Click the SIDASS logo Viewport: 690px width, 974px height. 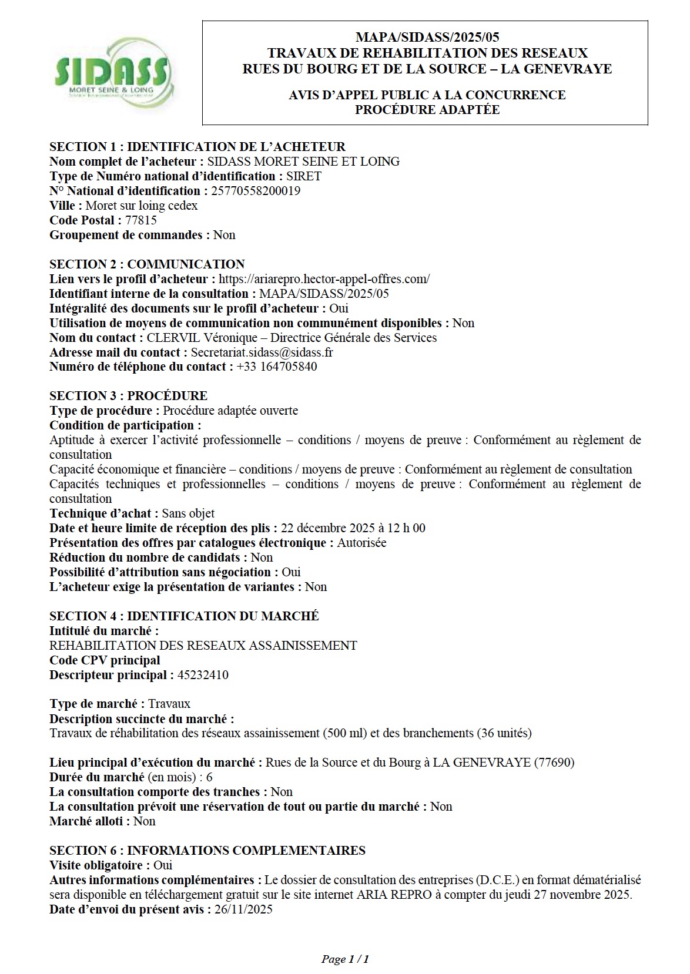pos(112,72)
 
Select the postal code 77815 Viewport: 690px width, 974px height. pos(141,220)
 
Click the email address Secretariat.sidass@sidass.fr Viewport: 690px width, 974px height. pos(262,352)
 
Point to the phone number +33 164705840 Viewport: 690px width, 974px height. pos(277,367)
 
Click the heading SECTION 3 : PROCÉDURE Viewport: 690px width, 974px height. pos(128,396)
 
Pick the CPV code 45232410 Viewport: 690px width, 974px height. pos(203,675)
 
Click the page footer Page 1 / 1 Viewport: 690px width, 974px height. pos(345,959)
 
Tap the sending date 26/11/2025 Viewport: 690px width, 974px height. pos(244,909)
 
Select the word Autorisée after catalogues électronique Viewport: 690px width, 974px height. pos(361,543)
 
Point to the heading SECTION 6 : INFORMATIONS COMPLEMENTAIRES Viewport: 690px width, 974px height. pos(207,851)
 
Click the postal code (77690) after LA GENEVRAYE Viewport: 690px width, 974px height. pos(554,763)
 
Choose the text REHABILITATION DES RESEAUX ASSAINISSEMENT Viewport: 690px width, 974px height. pos(203,646)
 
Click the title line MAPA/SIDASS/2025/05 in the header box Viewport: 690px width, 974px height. pos(427,38)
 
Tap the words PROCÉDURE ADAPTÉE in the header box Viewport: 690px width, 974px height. pos(427,110)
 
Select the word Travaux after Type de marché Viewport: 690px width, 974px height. pos(169,704)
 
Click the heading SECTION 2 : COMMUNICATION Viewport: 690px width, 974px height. pos(147,264)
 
